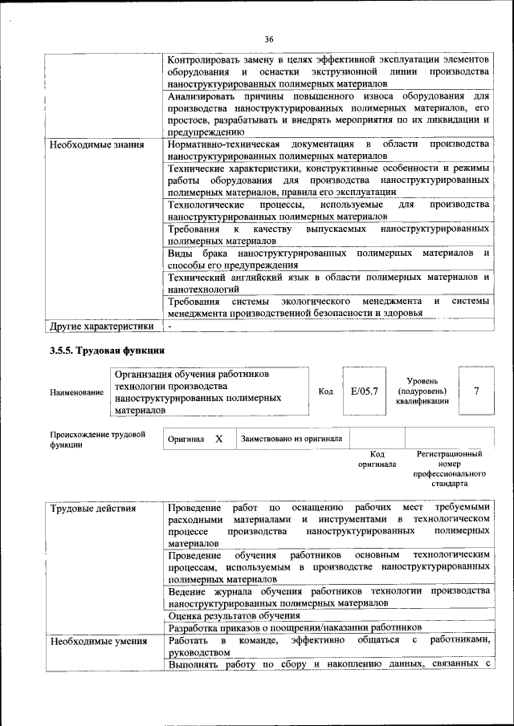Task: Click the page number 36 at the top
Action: (269, 39)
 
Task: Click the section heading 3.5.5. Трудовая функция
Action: (107, 350)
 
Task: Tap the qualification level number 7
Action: (477, 391)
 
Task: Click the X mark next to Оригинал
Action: (218, 440)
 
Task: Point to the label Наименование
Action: (76, 392)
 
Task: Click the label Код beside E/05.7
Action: (325, 391)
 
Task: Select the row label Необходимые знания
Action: (96, 145)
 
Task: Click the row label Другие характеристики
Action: (101, 326)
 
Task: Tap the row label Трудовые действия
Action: (92, 509)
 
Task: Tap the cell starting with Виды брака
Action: (328, 259)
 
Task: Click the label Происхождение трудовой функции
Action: (97, 440)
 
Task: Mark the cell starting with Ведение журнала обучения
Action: (328, 596)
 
